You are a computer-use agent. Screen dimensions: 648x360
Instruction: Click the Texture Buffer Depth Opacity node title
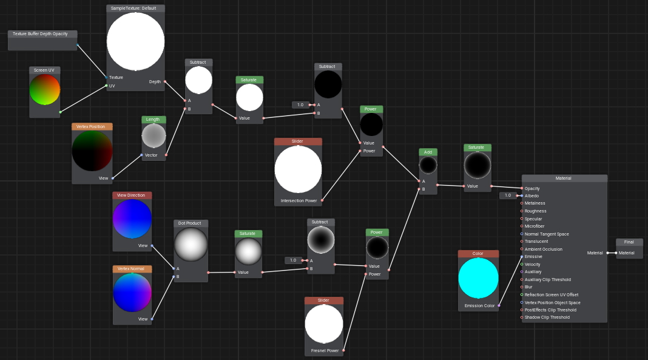click(x=40, y=34)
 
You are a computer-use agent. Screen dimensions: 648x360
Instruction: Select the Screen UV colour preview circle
click(x=45, y=90)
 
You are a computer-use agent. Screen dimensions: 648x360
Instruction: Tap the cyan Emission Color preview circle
click(x=478, y=278)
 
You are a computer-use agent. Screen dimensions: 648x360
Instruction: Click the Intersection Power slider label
click(x=299, y=201)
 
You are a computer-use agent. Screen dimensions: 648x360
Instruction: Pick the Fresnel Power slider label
click(x=325, y=350)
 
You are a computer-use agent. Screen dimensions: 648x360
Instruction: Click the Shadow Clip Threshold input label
click(x=547, y=318)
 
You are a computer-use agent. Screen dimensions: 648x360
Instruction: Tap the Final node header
click(x=629, y=242)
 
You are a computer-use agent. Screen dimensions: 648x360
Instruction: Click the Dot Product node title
click(x=190, y=223)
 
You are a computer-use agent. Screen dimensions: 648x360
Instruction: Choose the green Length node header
click(x=154, y=120)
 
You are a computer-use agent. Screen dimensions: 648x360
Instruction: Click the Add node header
click(x=428, y=152)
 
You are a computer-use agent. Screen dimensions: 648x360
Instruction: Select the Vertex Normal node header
click(x=132, y=269)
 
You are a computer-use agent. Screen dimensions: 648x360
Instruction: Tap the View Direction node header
click(x=132, y=195)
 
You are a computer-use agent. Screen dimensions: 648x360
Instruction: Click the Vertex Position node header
click(x=92, y=126)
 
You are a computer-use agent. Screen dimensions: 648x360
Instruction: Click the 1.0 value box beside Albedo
click(x=508, y=195)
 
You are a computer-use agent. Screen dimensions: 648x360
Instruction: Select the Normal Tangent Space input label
click(x=547, y=234)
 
